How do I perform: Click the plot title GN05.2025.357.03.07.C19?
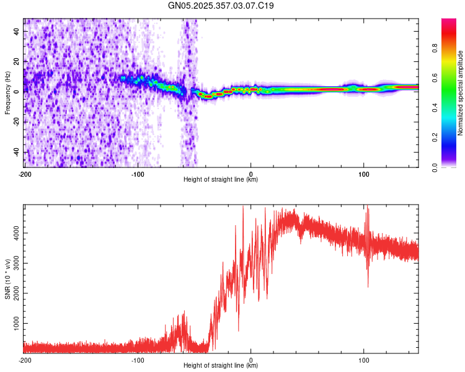pyautogui.click(x=221, y=6)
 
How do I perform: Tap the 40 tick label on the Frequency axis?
pyautogui.click(x=17, y=32)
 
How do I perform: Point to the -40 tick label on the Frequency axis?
pyautogui.click(x=17, y=152)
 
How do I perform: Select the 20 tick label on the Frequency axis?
pyautogui.click(x=17, y=62)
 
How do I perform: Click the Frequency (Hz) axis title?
pyautogui.click(x=7, y=92)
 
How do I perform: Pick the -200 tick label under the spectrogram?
pyautogui.click(x=25, y=174)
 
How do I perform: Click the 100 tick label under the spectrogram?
pyautogui.click(x=363, y=174)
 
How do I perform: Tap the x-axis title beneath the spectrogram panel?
pyautogui.click(x=221, y=179)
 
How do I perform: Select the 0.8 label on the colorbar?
pyautogui.click(x=435, y=48)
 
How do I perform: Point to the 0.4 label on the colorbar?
pyautogui.click(x=435, y=108)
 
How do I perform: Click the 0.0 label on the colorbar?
pyautogui.click(x=435, y=167)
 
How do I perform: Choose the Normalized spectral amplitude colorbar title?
pyautogui.click(x=460, y=93)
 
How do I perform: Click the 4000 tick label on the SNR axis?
pyautogui.click(x=17, y=233)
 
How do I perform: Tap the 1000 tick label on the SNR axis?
pyautogui.click(x=17, y=324)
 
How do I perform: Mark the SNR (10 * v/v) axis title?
pyautogui.click(x=7, y=279)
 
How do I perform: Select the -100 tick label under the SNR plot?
pyautogui.click(x=138, y=360)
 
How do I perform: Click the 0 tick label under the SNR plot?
pyautogui.click(x=251, y=360)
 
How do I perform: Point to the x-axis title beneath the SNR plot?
pyautogui.click(x=221, y=365)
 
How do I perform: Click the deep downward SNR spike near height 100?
pyautogui.click(x=368, y=279)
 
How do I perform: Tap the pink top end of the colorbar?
pyautogui.click(x=449, y=20)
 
